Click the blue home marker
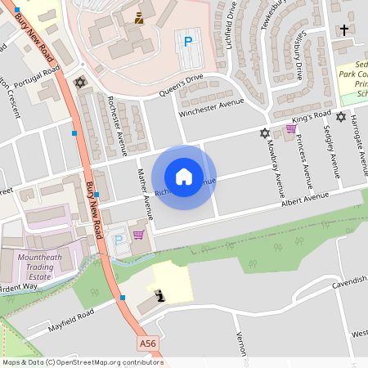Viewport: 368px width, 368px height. [184, 177]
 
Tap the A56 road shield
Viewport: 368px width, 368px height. [147, 343]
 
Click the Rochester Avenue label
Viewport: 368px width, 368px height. [115, 125]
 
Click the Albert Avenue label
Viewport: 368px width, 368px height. [304, 200]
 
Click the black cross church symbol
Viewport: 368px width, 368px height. [344, 30]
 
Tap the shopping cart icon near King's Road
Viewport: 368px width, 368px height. [291, 129]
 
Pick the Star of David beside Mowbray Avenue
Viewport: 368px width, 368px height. [264, 132]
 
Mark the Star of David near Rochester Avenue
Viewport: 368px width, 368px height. [79, 83]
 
